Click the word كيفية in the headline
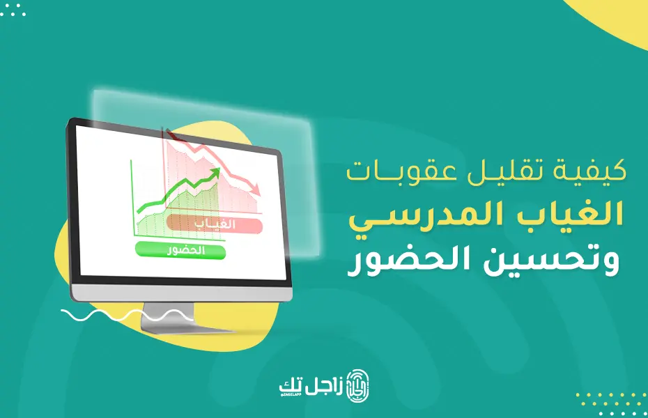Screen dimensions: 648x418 (589, 172)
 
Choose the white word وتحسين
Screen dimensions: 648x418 (551, 261)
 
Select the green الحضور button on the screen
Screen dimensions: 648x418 (180, 250)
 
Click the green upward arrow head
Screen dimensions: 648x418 (215, 173)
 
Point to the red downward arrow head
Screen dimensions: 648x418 (256, 189)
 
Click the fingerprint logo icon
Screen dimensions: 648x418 (357, 386)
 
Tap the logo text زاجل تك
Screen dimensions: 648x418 (311, 387)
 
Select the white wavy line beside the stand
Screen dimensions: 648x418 (126, 316)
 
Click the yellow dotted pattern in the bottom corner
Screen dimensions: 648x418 (612, 403)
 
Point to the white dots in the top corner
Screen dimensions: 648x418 (13, 9)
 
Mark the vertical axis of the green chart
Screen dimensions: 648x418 (132, 198)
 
